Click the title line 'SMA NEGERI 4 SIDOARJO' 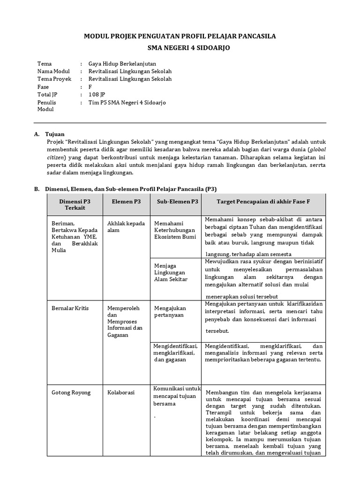(180, 47)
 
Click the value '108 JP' (97, 95)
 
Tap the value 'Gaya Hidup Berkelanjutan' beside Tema (122, 64)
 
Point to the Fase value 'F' (90, 87)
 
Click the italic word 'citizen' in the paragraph (56, 157)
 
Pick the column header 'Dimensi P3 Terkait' (75, 204)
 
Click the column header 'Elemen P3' (126, 201)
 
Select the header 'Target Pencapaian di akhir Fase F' (263, 201)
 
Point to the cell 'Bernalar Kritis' (70, 308)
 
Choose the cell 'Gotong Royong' (71, 392)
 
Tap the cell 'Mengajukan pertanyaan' (170, 311)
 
